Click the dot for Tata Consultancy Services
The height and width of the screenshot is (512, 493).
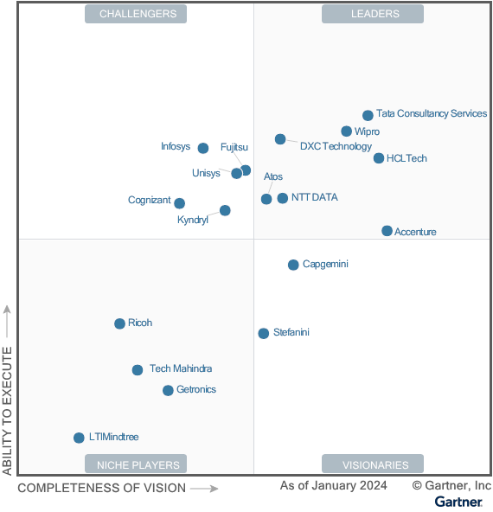[x=368, y=115]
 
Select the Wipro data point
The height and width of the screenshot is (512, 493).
[x=347, y=131]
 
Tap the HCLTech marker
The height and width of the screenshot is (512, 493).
[x=379, y=158]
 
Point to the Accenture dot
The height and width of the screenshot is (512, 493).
[x=387, y=231]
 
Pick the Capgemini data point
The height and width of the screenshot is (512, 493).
[x=293, y=265]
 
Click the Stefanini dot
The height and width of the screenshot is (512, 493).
[x=264, y=333]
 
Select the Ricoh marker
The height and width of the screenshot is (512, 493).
[x=120, y=323]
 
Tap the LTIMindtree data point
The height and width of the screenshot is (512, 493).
[x=79, y=438]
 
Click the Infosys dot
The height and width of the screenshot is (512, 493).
[x=203, y=148]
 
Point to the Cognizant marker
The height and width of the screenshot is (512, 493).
[x=179, y=203]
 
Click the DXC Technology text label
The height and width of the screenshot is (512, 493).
[x=336, y=147]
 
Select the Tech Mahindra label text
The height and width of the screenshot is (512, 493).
[x=181, y=368]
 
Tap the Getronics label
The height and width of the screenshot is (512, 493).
[x=196, y=389]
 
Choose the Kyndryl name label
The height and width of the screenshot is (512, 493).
[x=193, y=220]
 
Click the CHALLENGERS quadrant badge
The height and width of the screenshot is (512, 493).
[x=136, y=14]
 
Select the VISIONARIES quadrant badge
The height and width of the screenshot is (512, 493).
[x=373, y=464]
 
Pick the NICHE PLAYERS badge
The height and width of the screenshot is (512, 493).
[x=136, y=464]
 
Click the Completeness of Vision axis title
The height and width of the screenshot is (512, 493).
[x=101, y=488]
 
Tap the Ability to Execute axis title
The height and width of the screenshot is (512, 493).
[x=7, y=411]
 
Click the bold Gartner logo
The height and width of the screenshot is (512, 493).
[x=458, y=502]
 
